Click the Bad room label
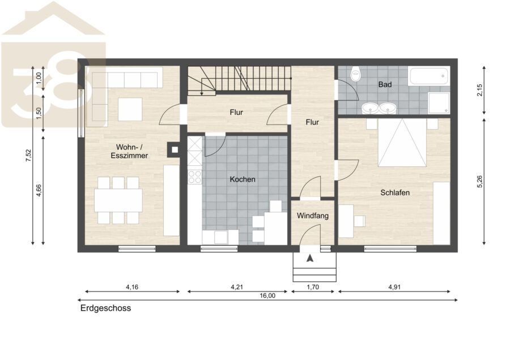[385, 84]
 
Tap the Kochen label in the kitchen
[243, 179]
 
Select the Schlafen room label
[395, 192]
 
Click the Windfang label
[313, 216]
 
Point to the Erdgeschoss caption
[106, 308]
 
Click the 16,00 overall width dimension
[267, 295]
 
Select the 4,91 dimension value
[394, 287]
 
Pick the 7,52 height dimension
[29, 155]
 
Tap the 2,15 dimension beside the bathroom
[480, 90]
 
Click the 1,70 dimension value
[313, 287]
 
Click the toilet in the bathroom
[356, 74]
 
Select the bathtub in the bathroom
[429, 76]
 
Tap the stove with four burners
[195, 177]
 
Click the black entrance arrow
[310, 258]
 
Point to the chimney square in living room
[175, 150]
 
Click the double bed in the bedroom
[402, 142]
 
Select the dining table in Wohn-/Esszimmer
[118, 200]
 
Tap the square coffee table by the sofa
[130, 109]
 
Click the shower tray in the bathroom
[439, 103]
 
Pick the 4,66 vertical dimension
[39, 190]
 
